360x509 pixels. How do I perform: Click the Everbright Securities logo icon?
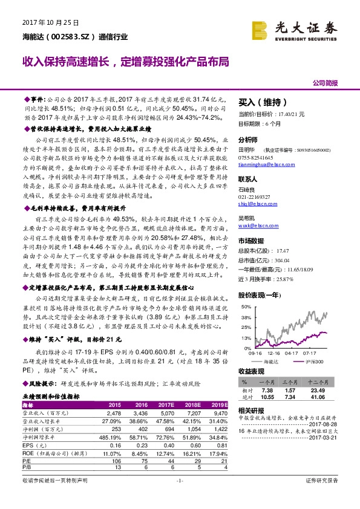pos(260,28)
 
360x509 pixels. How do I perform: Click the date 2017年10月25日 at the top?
pos(51,22)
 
